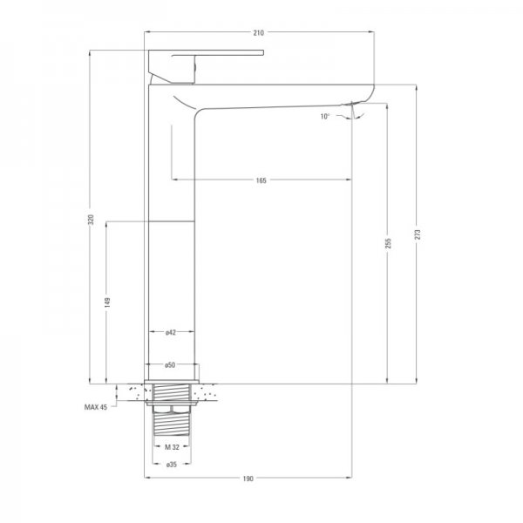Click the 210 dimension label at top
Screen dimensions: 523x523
click(259, 33)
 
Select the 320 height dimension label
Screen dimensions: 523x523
click(91, 219)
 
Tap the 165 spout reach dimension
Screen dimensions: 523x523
click(261, 180)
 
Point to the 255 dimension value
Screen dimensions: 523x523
click(388, 243)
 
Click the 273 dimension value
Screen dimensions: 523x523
click(418, 234)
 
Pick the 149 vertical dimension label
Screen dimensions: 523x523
click(107, 302)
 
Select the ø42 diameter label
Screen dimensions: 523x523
click(171, 332)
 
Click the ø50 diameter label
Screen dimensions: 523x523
click(170, 365)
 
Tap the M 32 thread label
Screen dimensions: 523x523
click(172, 447)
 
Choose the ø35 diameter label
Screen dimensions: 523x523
click(172, 465)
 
